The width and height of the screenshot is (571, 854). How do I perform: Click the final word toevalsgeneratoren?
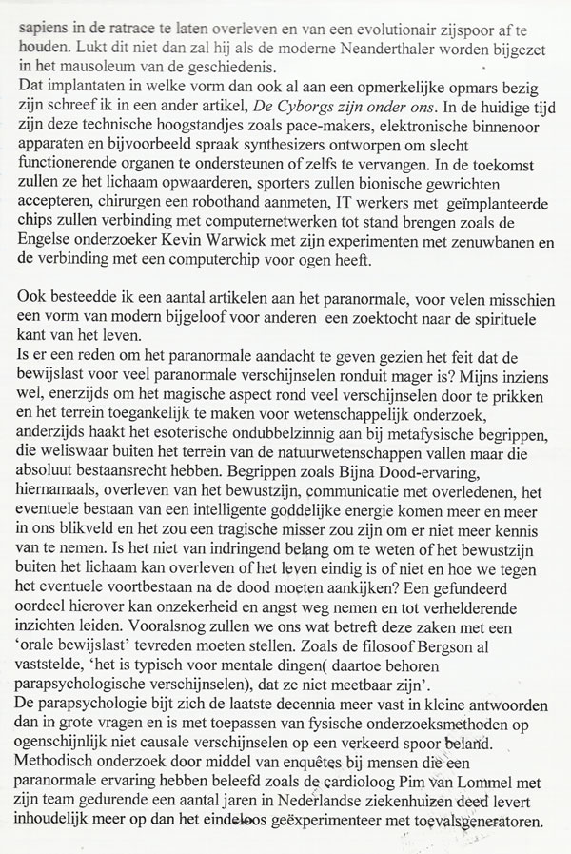(480, 831)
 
